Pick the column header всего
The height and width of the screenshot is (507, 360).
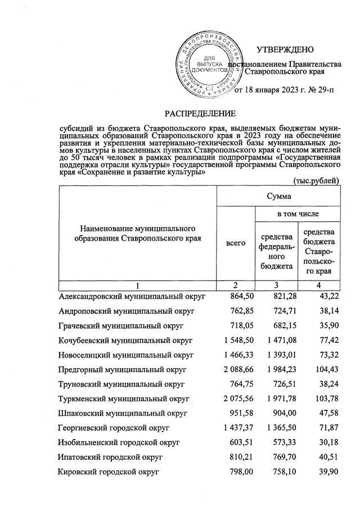tap(235, 243)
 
